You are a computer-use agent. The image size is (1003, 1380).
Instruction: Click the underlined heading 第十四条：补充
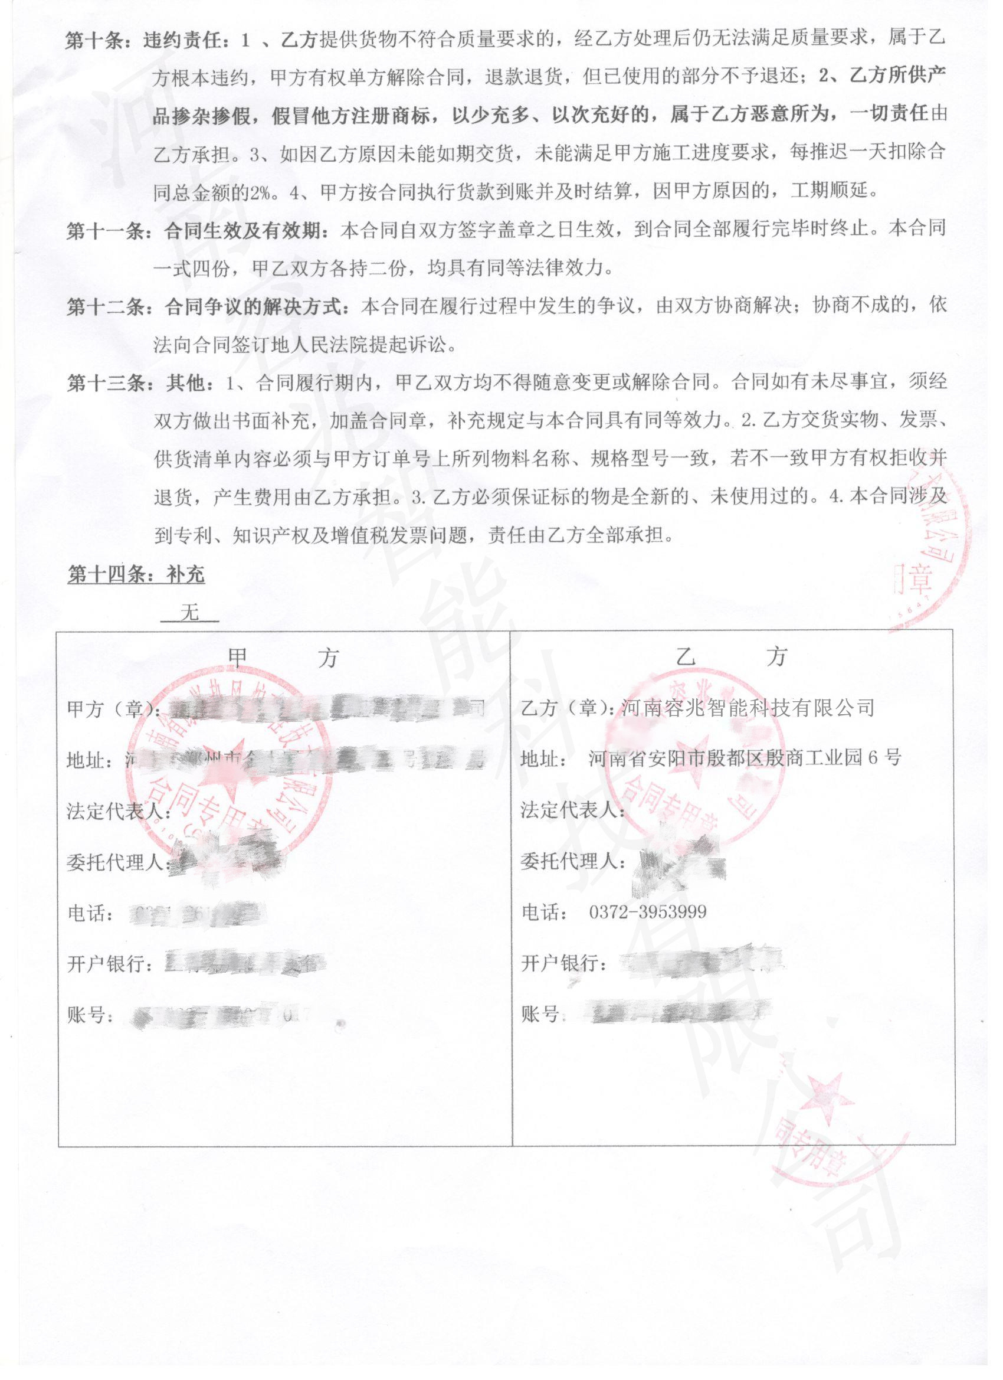(x=136, y=574)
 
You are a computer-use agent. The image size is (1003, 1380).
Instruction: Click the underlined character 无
(x=190, y=612)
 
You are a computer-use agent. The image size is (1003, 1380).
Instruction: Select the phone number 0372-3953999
(x=648, y=912)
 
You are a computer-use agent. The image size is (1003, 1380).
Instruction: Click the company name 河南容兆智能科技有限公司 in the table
(x=748, y=708)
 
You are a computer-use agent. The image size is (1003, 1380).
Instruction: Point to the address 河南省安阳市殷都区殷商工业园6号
(x=745, y=758)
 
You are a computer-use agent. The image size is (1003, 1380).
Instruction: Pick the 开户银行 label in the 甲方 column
(x=110, y=963)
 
